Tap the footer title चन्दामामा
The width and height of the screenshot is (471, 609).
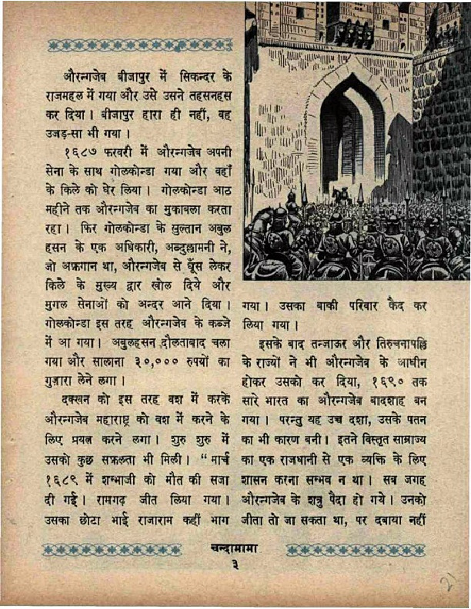coord(235,549)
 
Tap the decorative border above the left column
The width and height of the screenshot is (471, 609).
coord(140,45)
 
